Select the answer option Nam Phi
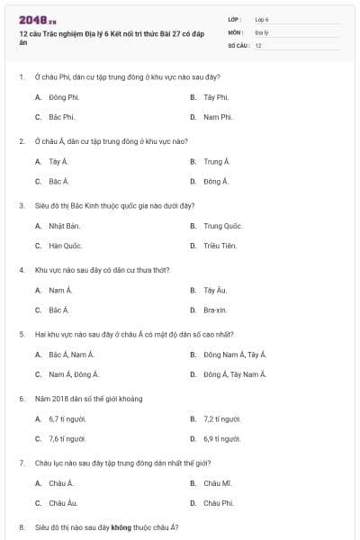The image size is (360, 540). point(218,117)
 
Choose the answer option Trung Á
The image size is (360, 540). point(217,162)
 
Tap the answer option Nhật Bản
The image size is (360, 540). point(65,226)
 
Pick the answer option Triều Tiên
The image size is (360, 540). point(220,246)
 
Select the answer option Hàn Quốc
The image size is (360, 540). point(66,246)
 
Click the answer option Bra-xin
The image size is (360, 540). point(214,310)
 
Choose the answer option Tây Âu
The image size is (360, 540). point(214,291)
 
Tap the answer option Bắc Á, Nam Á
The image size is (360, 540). point(72,355)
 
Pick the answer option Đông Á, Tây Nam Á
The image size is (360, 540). point(235,374)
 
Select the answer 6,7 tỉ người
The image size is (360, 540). point(67,419)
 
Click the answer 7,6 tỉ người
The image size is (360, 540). point(67,439)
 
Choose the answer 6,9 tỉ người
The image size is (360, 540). point(222,439)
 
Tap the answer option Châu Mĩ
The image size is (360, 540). point(218,483)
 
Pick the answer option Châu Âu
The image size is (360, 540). point(63,503)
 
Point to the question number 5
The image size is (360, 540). point(21,334)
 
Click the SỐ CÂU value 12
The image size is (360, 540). point(258,45)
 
